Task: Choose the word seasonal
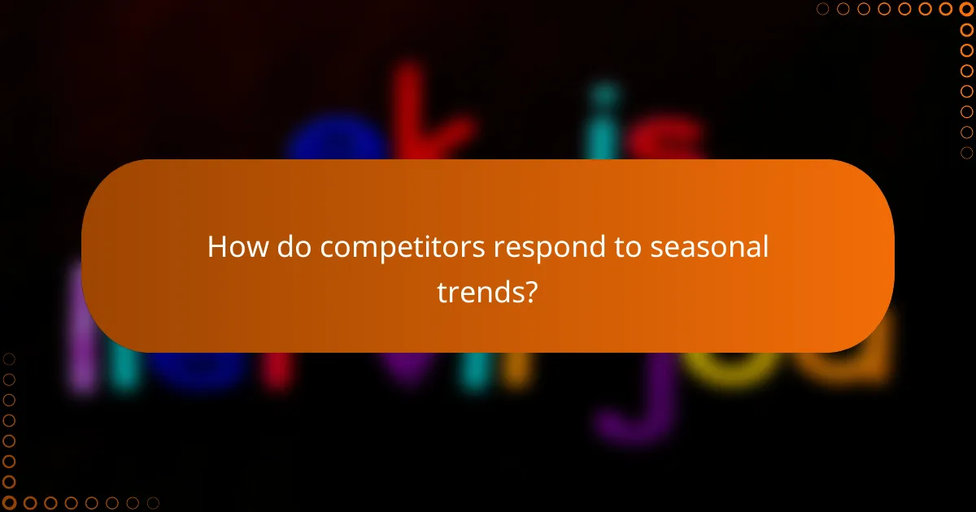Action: coord(710,246)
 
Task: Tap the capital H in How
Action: coord(216,246)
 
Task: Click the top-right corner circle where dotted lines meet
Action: coord(966,10)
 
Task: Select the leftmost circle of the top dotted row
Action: coord(823,10)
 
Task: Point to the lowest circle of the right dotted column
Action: coord(966,152)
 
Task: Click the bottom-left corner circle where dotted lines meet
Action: coord(10,502)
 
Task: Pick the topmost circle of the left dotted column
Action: coord(10,359)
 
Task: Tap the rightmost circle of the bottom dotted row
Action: coord(152,502)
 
